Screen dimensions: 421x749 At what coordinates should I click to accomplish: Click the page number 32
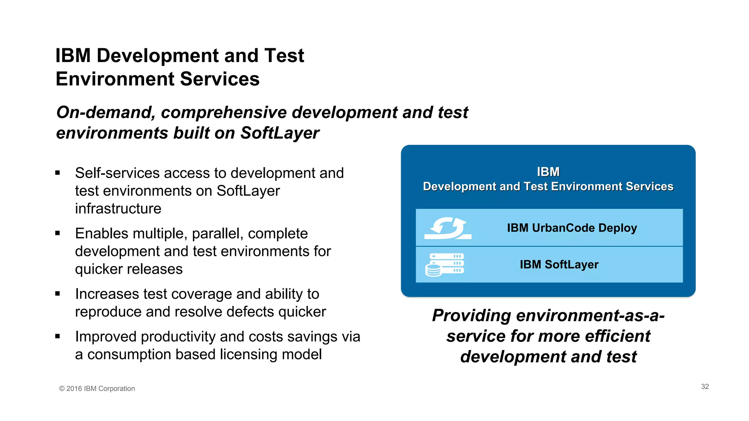(x=705, y=387)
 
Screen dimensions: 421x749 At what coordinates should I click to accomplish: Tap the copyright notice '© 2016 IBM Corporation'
(x=97, y=388)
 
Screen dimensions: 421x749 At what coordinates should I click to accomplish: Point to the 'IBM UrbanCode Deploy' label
(x=572, y=228)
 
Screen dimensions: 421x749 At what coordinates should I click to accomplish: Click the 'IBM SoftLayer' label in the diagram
(x=559, y=264)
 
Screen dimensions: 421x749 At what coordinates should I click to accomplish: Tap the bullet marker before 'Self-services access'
(x=57, y=173)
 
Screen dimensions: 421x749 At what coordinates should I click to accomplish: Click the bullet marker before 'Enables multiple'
(x=57, y=233)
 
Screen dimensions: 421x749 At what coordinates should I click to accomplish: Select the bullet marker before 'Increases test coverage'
(x=57, y=293)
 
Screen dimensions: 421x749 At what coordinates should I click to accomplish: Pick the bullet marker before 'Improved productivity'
(x=57, y=336)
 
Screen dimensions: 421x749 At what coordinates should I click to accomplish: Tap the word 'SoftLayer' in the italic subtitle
(x=279, y=133)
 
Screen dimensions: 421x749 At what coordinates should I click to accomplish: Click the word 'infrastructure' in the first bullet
(x=118, y=209)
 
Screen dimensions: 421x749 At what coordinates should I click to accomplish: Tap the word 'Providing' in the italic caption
(x=471, y=315)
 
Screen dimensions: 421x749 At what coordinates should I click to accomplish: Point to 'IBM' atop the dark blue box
(x=548, y=172)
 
